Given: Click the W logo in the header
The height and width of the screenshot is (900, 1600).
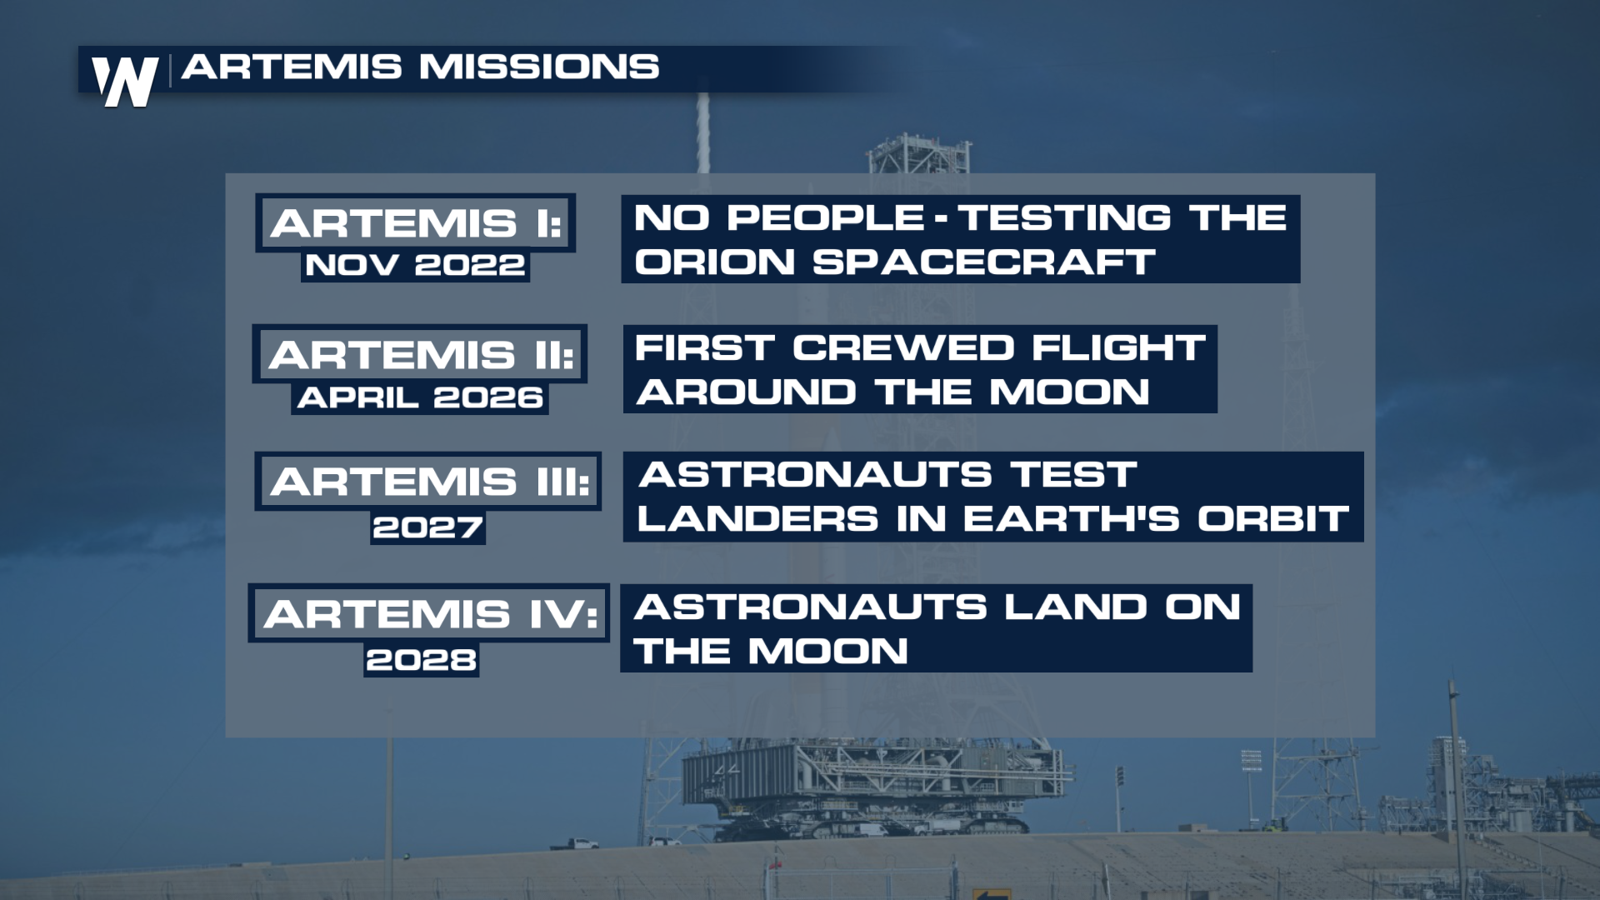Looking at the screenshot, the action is click(125, 82).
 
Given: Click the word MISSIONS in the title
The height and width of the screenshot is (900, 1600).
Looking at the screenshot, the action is click(538, 67).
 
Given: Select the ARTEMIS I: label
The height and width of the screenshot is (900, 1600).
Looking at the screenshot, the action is click(416, 223).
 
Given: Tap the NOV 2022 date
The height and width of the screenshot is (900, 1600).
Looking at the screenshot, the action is click(415, 266).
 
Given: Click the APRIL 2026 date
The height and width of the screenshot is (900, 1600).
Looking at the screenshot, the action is click(420, 397).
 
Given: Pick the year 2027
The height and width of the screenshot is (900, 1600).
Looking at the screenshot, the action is click(427, 527).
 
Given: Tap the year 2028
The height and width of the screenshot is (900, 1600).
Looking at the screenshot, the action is click(421, 660).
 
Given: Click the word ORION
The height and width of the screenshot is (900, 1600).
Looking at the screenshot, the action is click(715, 262).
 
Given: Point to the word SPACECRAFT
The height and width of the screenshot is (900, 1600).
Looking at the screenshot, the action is click(983, 262).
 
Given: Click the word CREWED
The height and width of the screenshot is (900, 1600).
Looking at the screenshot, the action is click(903, 348).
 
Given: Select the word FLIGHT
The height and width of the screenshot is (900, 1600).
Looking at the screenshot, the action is click(1119, 348).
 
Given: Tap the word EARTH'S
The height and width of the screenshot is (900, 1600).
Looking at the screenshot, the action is click(1072, 519).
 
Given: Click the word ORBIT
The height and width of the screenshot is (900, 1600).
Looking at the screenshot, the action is click(1273, 519).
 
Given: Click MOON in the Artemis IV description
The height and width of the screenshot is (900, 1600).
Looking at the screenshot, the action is click(827, 651).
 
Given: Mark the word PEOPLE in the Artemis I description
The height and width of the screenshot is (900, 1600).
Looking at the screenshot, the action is click(826, 218).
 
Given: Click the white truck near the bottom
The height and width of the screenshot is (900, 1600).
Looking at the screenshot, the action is click(574, 844).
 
